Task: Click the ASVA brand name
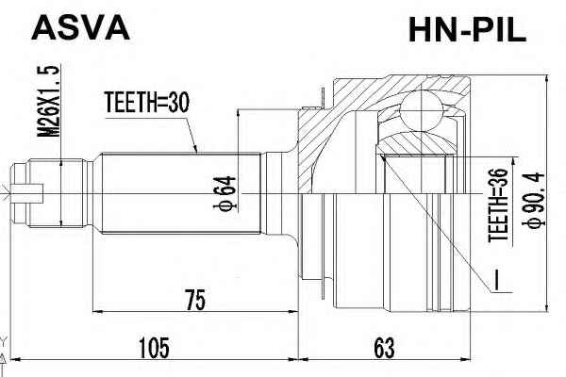click(x=80, y=28)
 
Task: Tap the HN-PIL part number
click(x=467, y=31)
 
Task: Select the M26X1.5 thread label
click(x=49, y=102)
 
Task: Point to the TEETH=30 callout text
click(x=146, y=103)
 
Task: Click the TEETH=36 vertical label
click(x=498, y=205)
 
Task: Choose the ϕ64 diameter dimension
click(x=225, y=193)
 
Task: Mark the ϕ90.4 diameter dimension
click(x=533, y=200)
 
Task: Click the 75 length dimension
click(x=195, y=300)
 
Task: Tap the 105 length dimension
click(x=154, y=348)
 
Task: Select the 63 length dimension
click(x=384, y=348)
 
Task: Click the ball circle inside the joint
click(x=421, y=111)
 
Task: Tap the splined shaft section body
click(x=181, y=194)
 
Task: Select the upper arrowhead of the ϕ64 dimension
click(x=238, y=115)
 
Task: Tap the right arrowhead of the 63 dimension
click(x=466, y=359)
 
